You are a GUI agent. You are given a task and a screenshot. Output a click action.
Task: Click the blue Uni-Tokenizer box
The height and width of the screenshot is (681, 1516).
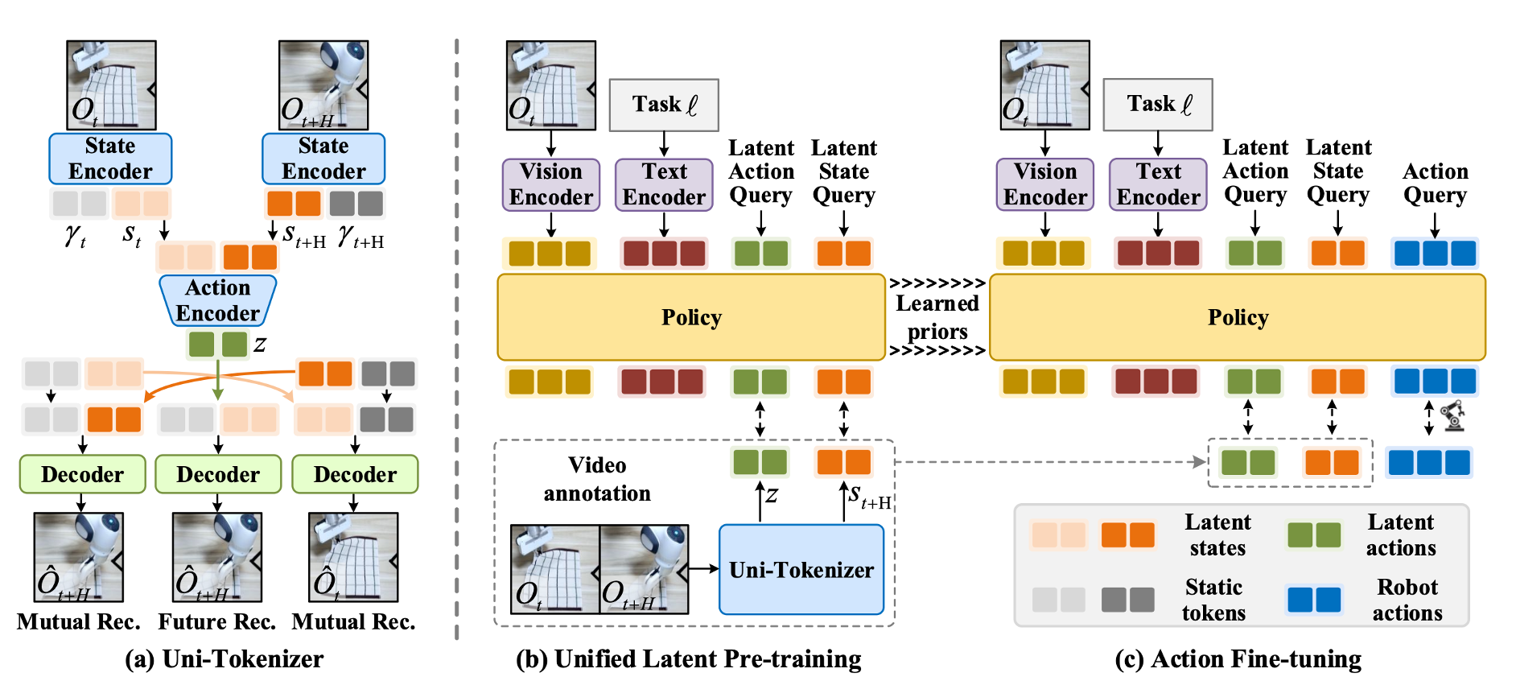click(801, 569)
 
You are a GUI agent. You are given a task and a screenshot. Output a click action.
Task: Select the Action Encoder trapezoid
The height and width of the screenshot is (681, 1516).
click(218, 300)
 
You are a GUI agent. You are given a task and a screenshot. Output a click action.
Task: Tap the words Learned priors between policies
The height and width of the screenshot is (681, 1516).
click(937, 317)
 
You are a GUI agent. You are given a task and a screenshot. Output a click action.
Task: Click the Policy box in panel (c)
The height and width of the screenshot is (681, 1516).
click(1237, 317)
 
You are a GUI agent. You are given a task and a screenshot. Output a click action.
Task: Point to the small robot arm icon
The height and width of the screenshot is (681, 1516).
click(1453, 416)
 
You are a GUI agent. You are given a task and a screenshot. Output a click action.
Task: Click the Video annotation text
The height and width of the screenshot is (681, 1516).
click(597, 479)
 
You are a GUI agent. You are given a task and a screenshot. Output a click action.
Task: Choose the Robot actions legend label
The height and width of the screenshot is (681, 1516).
click(1407, 600)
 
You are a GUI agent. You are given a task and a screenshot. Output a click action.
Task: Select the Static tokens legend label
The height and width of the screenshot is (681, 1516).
click(1213, 600)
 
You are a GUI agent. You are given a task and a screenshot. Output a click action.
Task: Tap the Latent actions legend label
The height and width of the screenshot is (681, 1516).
click(1400, 534)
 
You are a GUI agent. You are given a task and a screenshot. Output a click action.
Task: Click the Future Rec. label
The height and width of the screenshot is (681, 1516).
click(217, 621)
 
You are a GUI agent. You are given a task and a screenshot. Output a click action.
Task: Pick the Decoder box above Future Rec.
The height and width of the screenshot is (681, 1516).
click(218, 474)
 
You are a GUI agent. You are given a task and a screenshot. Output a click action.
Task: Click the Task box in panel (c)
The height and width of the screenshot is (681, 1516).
click(1157, 104)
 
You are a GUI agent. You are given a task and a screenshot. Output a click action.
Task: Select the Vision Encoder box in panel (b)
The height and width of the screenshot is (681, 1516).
click(551, 184)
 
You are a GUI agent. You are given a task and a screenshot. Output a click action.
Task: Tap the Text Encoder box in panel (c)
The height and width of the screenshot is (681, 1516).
click(1158, 184)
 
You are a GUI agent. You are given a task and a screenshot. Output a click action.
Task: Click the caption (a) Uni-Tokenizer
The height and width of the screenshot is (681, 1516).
click(224, 658)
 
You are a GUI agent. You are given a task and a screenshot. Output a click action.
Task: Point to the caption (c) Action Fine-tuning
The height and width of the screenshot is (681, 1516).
click(1238, 658)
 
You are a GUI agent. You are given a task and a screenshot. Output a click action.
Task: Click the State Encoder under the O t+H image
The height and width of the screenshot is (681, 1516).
click(323, 159)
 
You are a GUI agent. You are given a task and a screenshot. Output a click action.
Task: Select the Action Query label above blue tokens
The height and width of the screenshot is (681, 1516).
click(1435, 184)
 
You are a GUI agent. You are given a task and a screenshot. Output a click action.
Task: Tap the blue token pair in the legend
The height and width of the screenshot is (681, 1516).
click(1314, 600)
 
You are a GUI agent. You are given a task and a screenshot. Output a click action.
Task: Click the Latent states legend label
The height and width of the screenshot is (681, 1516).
click(1217, 534)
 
